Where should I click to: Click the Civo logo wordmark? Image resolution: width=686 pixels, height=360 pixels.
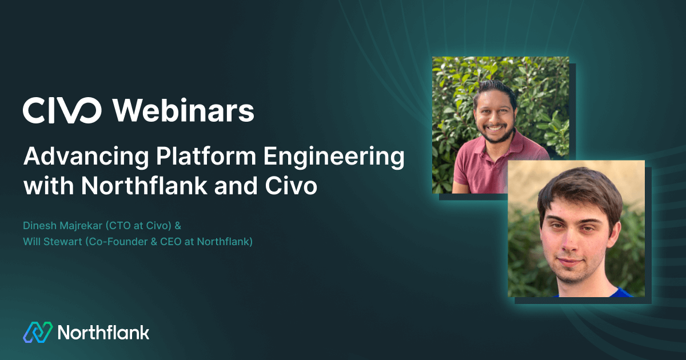pyautogui.click(x=62, y=110)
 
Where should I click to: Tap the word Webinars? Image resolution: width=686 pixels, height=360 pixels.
pyautogui.click(x=184, y=110)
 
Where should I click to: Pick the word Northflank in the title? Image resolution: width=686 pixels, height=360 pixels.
pyautogui.click(x=143, y=187)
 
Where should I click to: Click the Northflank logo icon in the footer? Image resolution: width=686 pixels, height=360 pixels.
pyautogui.click(x=37, y=333)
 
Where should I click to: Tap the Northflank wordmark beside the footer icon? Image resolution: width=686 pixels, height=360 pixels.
pyautogui.click(x=103, y=333)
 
